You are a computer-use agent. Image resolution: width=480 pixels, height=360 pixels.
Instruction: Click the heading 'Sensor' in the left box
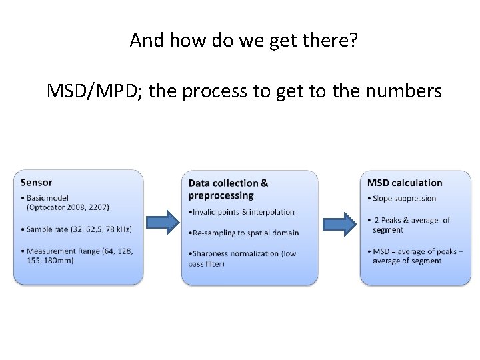click(x=36, y=182)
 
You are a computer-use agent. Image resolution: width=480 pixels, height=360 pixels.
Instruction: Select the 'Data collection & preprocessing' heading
click(x=228, y=189)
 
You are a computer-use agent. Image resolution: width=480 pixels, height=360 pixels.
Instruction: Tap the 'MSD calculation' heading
click(x=405, y=183)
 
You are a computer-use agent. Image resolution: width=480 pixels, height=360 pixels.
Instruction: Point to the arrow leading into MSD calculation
click(x=341, y=224)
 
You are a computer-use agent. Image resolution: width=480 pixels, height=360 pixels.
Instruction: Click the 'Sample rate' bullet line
click(x=79, y=229)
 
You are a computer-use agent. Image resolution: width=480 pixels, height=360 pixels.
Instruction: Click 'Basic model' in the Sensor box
click(x=46, y=198)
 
